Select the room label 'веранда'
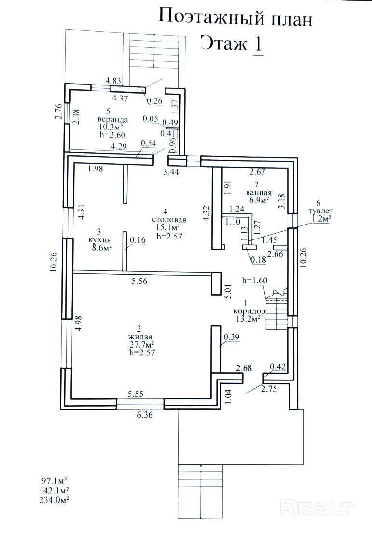click(x=113, y=119)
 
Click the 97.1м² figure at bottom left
click(x=53, y=481)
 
